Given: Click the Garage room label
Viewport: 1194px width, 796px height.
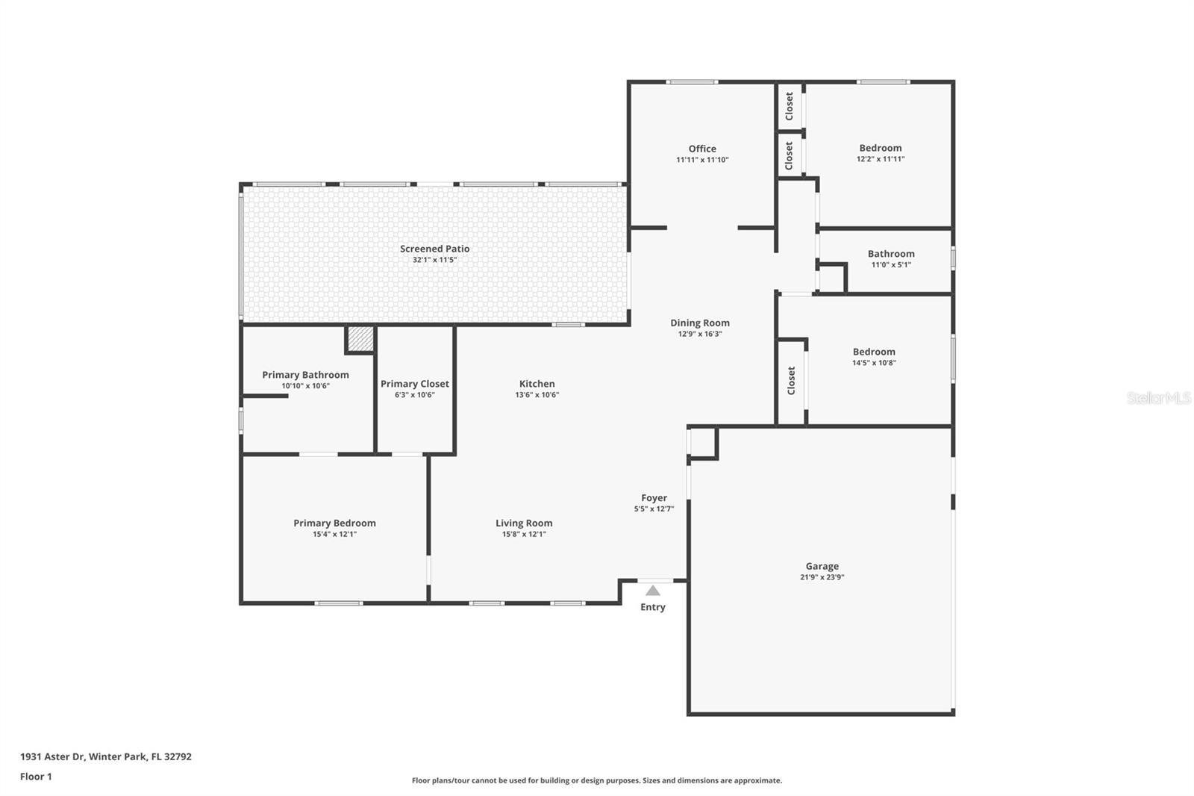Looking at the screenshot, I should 822,566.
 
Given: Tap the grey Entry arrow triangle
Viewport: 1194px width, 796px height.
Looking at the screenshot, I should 653,591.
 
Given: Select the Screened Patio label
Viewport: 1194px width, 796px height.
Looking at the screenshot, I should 434,249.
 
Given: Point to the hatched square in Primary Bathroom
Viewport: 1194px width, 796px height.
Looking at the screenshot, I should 360,338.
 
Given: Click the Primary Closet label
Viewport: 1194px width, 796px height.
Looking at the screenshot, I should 414,384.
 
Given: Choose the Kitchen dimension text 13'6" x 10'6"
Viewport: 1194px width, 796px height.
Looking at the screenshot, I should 537,395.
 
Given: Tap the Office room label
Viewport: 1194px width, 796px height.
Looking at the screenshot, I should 702,149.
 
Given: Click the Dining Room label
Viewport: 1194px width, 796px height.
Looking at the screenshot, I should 699,323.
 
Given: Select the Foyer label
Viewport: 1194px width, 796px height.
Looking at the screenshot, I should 654,498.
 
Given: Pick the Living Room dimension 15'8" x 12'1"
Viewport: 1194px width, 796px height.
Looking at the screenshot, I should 524,534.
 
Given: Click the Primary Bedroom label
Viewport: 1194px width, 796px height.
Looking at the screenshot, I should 334,523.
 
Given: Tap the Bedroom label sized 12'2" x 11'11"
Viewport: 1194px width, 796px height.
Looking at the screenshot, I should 880,148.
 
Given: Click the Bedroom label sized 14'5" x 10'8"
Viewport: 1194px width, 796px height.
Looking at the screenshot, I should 874,352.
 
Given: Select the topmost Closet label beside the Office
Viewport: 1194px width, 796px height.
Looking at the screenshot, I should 790,106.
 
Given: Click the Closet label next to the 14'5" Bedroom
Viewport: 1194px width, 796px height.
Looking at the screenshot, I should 792,381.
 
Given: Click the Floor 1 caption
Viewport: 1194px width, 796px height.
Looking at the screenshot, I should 36,777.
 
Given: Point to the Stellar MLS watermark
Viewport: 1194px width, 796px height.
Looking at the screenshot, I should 1158,398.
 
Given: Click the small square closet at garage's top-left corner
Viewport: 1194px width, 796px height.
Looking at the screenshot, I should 701,443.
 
